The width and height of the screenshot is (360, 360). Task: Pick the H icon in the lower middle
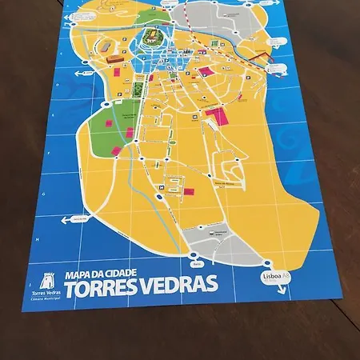162,187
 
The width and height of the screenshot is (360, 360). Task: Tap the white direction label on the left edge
79,218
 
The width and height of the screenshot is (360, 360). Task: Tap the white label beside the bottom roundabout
198,262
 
